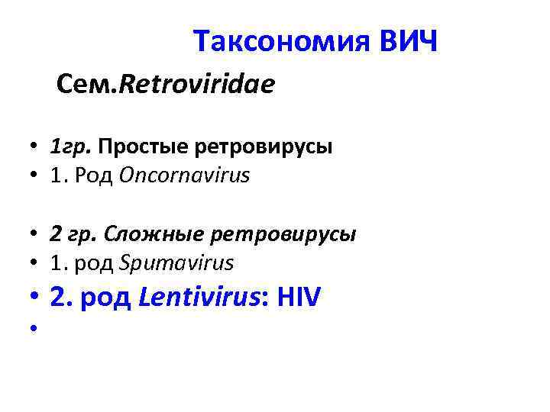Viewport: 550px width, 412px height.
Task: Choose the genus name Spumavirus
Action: pos(176,263)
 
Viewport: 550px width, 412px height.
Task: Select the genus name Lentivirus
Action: pos(187,298)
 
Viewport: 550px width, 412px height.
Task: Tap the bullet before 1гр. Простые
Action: pos(36,147)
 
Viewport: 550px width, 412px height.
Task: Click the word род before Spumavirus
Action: pos(97,264)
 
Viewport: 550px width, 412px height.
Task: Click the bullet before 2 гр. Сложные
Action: pos(36,235)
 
